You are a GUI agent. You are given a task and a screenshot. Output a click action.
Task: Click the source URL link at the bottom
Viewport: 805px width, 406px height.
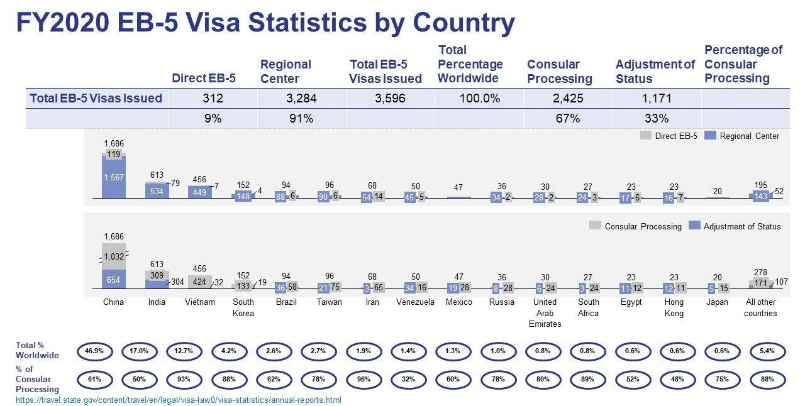[x=179, y=400]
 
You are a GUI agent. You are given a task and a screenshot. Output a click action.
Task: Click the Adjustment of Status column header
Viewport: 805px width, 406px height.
[x=655, y=71]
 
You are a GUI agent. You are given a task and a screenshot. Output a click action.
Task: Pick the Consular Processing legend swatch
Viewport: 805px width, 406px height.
[x=594, y=226]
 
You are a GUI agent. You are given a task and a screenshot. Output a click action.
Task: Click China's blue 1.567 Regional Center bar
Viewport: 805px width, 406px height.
[x=114, y=178]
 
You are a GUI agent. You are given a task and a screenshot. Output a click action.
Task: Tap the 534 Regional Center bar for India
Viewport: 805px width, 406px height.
[x=157, y=191]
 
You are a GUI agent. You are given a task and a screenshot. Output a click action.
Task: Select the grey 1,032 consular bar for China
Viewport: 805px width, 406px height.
[x=114, y=256]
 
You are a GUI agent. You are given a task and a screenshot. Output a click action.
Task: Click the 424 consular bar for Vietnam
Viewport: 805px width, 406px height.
[x=199, y=282]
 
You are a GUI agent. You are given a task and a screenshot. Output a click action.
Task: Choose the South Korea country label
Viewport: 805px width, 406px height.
[x=243, y=307]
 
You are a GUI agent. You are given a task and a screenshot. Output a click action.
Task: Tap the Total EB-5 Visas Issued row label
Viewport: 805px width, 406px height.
[x=96, y=98]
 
